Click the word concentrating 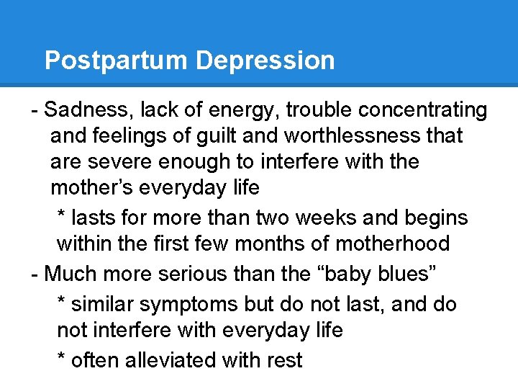(x=422, y=110)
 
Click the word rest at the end (x=283, y=359)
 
